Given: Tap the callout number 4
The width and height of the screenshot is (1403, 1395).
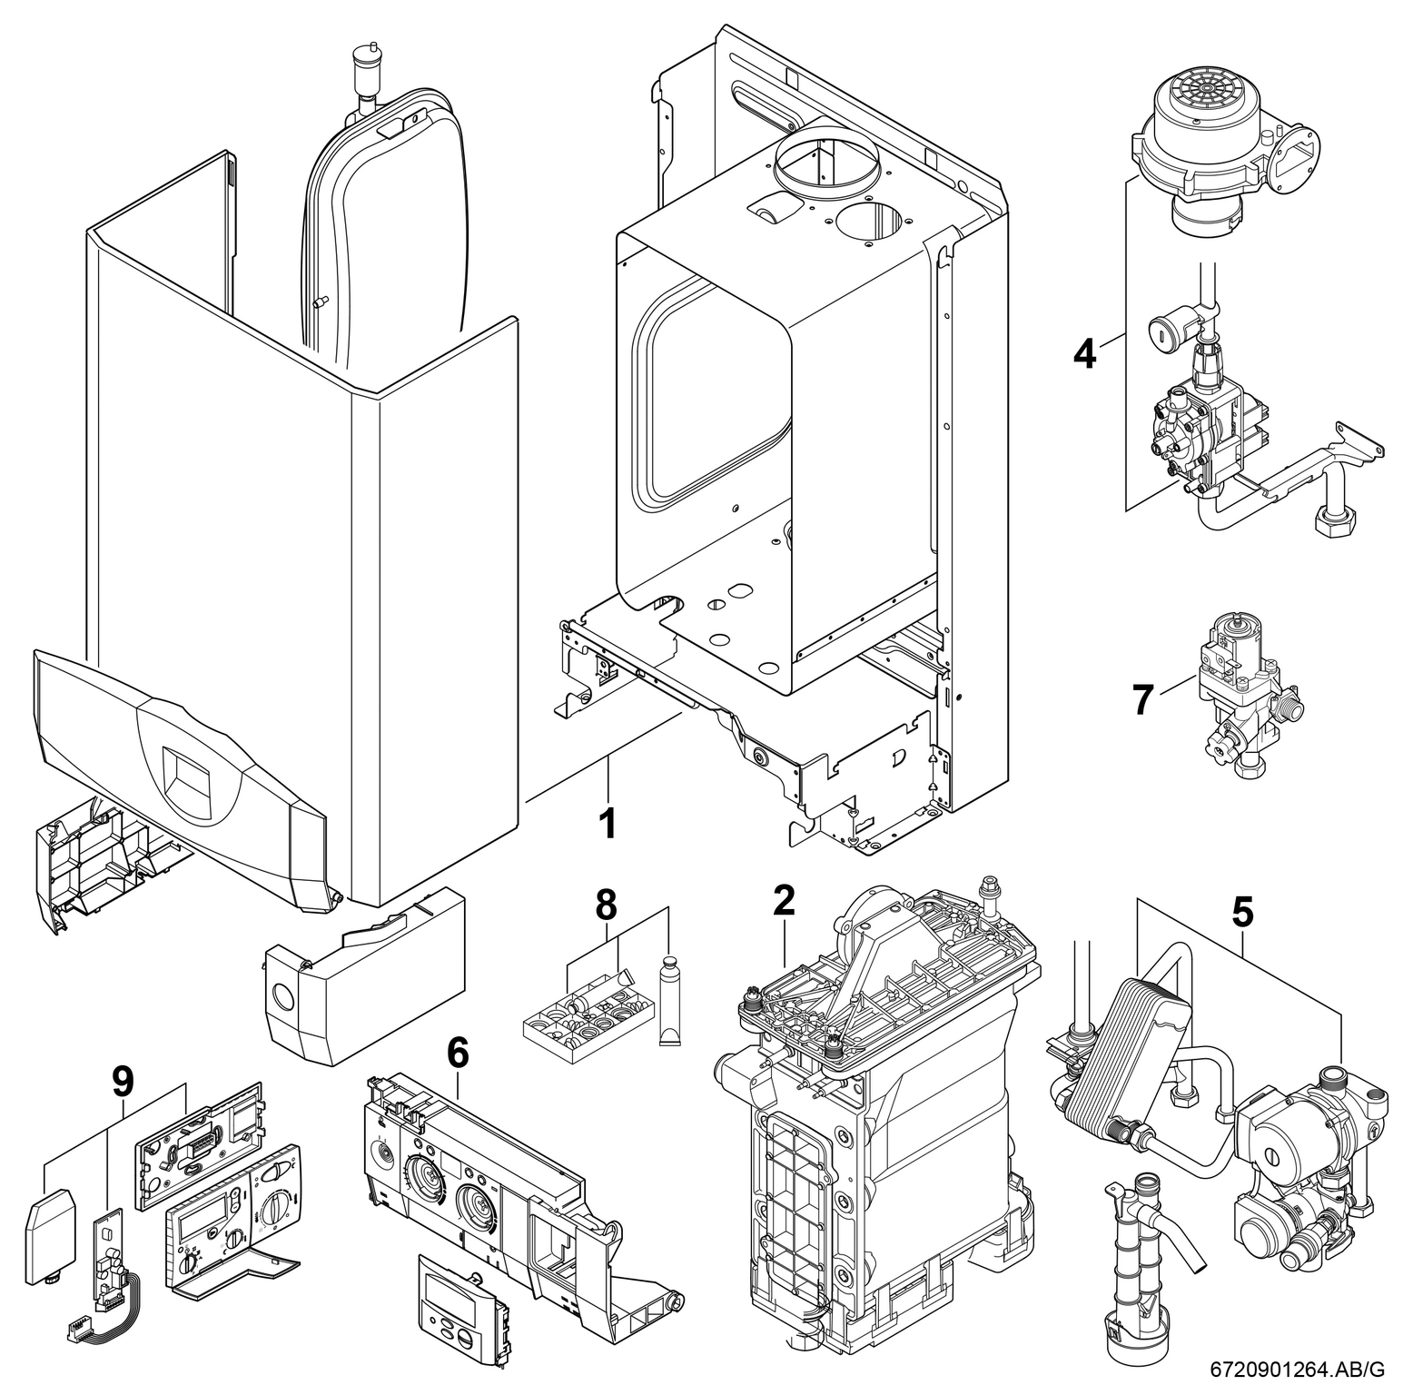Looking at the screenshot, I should [1084, 353].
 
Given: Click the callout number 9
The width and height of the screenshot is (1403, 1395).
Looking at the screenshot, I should [122, 1081].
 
